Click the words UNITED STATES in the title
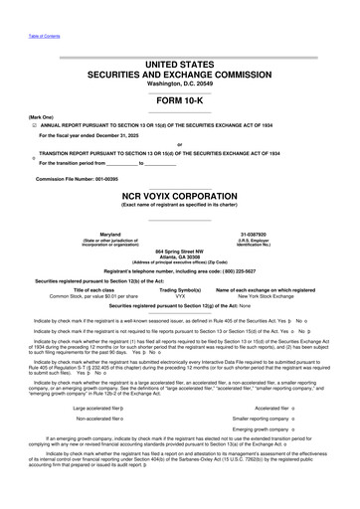point(179,64)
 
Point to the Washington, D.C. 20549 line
point(179,85)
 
